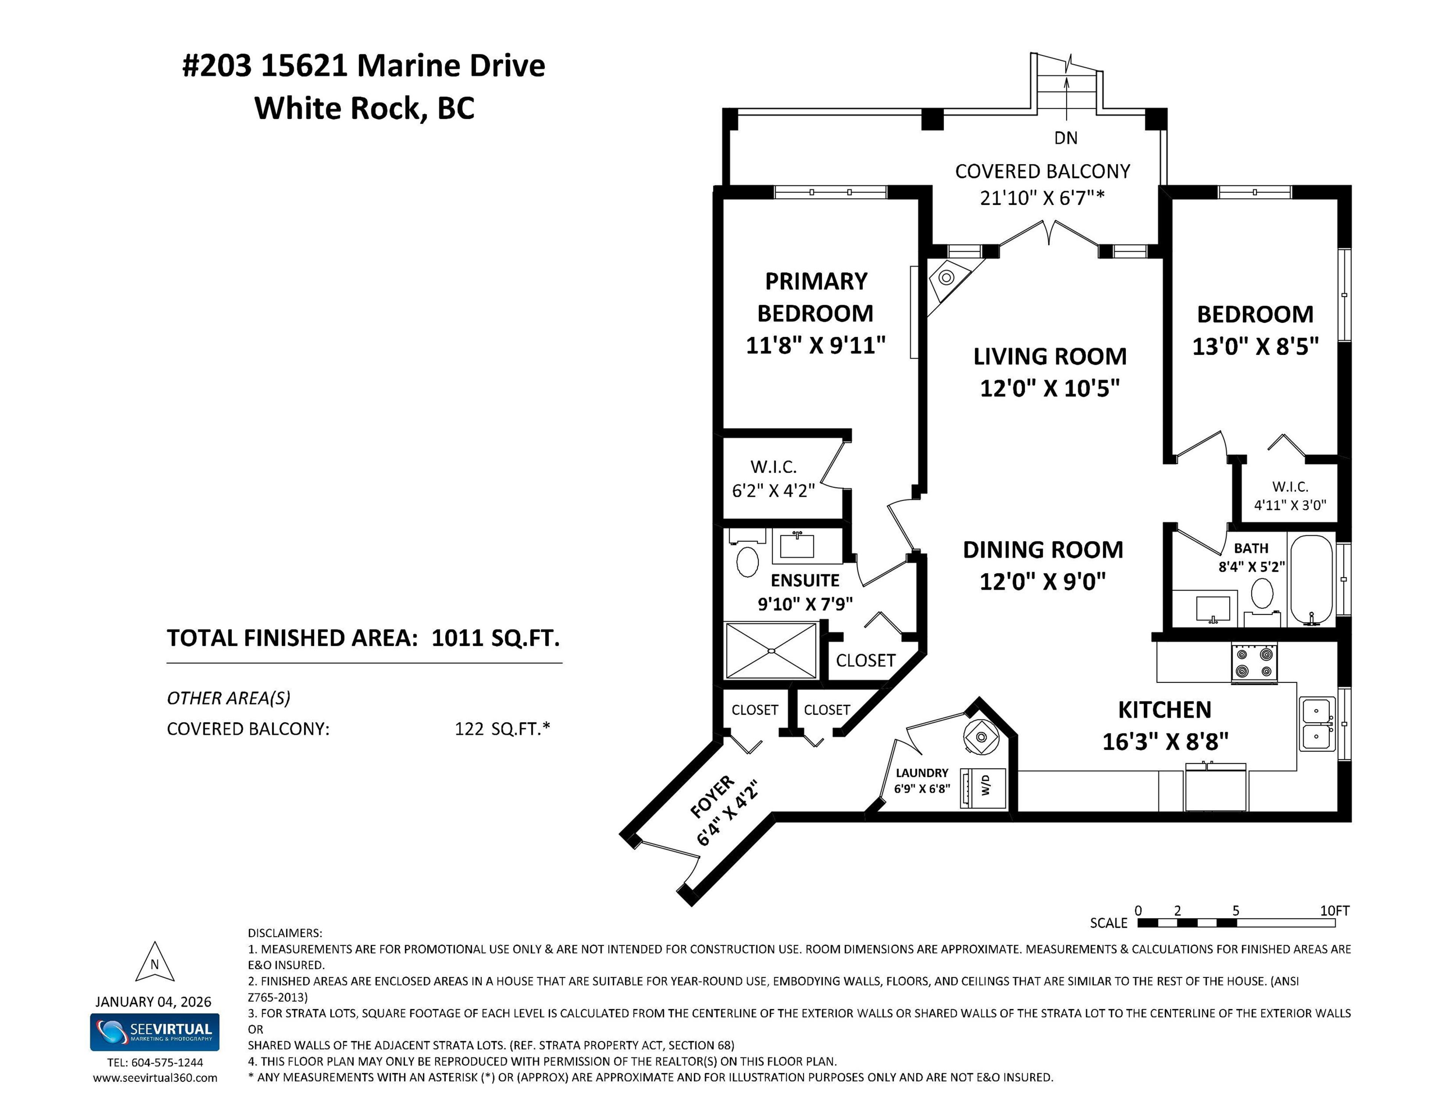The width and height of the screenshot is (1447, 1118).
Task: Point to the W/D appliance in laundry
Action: click(x=984, y=788)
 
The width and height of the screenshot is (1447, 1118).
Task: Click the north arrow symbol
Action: click(x=154, y=964)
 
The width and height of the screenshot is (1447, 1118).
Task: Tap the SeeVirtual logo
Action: click(x=154, y=1031)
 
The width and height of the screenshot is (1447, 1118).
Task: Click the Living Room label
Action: click(x=1049, y=356)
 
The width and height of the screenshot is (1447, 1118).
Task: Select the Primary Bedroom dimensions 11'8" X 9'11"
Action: click(x=815, y=345)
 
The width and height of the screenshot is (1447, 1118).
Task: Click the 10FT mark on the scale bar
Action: click(x=1334, y=911)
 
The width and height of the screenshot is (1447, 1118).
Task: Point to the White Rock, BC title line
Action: click(x=364, y=108)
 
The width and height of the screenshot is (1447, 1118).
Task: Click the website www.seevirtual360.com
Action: click(x=154, y=1078)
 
